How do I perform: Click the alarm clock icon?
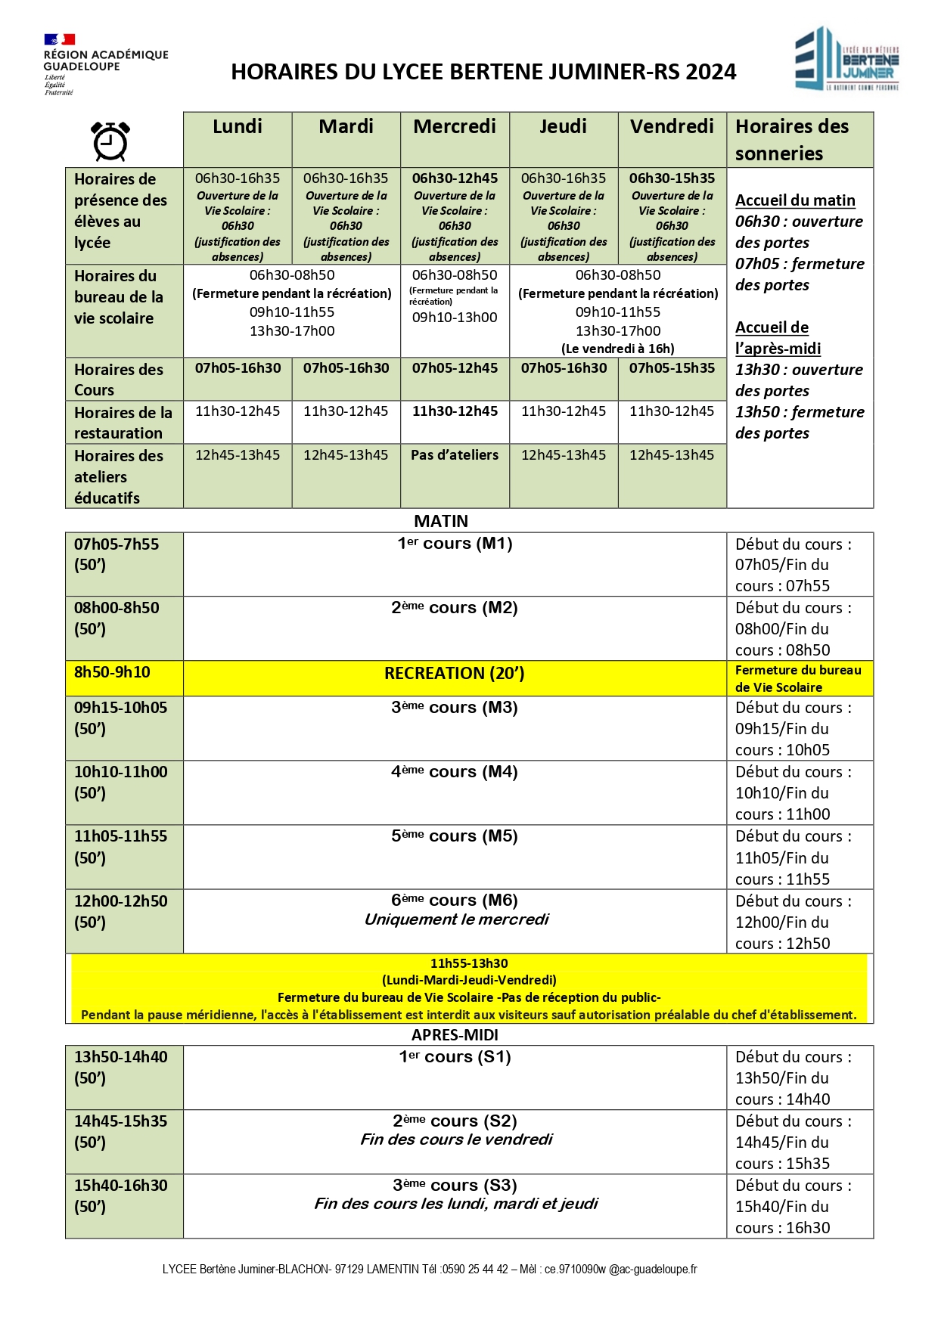110,141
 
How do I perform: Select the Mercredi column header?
455,126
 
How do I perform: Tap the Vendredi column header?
672,126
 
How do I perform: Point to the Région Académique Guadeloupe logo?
105,64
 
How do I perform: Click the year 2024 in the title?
710,72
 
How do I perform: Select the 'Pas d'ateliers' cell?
455,455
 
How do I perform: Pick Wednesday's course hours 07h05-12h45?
455,368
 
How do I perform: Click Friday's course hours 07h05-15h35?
672,368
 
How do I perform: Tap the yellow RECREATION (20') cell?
454,673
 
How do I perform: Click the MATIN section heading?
441,521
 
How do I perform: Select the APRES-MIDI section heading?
455,1034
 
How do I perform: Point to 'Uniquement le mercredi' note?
456,919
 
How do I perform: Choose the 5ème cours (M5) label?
454,836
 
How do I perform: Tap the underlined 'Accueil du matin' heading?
795,200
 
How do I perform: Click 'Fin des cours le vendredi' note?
456,1139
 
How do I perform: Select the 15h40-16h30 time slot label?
121,1185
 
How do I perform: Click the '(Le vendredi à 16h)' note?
617,349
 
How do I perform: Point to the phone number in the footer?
475,1269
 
